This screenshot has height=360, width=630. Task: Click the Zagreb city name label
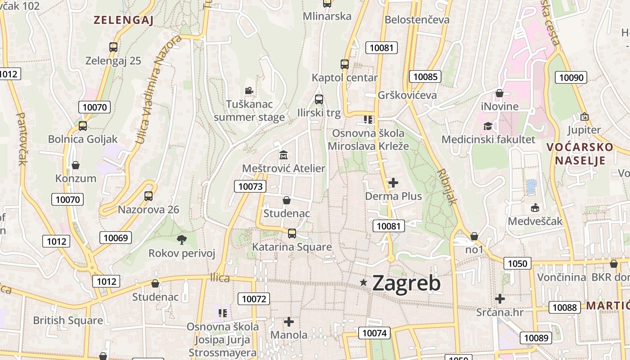[406, 283]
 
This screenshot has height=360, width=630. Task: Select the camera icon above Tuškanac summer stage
[249, 91]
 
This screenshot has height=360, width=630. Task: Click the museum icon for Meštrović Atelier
[283, 155]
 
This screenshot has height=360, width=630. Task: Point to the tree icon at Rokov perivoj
[181, 239]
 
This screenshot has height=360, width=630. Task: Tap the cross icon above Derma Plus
[393, 182]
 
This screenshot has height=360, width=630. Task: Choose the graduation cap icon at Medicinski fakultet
[488, 126]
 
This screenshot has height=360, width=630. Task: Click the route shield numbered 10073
[250, 186]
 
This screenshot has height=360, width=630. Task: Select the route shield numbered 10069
[116, 238]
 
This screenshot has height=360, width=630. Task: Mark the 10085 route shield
[425, 76]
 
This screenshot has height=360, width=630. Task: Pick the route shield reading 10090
[571, 77]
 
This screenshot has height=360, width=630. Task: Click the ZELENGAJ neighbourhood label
[124, 20]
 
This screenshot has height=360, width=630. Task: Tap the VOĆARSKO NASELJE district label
[580, 153]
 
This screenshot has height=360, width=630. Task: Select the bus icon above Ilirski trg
[319, 99]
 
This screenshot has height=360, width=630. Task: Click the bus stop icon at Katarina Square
[292, 233]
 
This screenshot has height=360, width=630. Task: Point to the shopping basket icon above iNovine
[499, 93]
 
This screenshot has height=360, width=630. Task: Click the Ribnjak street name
[447, 187]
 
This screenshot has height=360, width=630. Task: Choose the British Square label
[68, 320]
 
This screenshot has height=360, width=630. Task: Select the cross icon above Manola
[289, 321]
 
